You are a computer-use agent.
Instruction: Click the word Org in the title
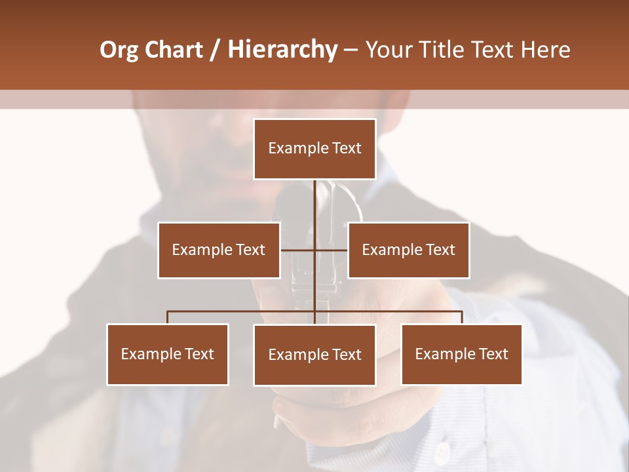click(x=119, y=50)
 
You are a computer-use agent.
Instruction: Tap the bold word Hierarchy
click(x=282, y=50)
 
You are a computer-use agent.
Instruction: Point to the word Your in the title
click(x=387, y=50)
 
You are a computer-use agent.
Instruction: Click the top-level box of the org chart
click(x=314, y=149)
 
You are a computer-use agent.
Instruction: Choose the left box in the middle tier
click(x=219, y=250)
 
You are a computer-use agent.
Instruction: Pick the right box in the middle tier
click(x=408, y=250)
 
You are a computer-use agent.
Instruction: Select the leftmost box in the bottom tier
click(x=168, y=354)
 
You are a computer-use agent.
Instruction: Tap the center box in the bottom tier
click(x=314, y=355)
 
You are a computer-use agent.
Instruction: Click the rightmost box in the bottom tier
click(x=461, y=354)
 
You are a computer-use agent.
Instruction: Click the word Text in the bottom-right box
click(x=493, y=354)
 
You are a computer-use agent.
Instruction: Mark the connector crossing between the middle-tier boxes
click(x=314, y=250)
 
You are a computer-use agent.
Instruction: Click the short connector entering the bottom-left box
click(x=168, y=317)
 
